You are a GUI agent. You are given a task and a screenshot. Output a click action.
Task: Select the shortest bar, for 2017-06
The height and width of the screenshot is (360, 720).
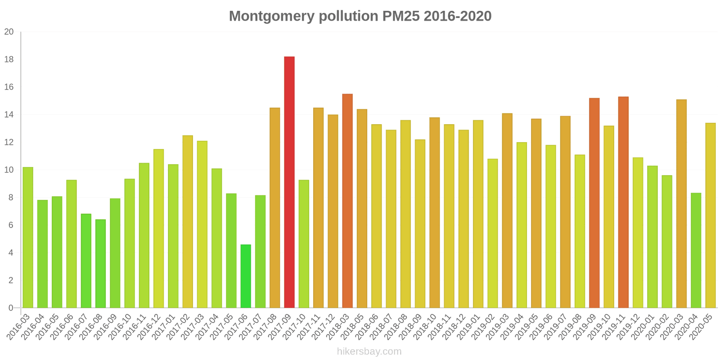click(246, 276)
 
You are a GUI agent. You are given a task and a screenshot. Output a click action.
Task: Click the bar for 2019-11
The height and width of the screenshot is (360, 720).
click(623, 202)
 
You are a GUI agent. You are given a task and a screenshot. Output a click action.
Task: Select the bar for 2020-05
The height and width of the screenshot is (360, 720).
click(711, 216)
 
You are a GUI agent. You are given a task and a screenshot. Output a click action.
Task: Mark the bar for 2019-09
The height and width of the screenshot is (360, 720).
click(594, 203)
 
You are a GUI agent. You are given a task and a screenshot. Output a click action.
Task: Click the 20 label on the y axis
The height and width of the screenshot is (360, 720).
click(9, 32)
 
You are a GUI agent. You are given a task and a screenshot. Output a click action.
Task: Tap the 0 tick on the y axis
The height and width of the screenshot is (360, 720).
click(11, 308)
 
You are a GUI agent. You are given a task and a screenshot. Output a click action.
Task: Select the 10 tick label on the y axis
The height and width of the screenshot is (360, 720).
click(9, 170)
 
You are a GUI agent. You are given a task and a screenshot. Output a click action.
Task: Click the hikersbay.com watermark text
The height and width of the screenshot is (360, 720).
click(369, 351)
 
